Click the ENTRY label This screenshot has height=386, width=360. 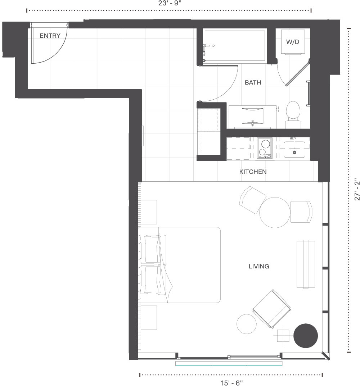point(50,36)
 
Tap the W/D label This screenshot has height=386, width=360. point(293,42)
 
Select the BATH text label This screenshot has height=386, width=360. point(253,83)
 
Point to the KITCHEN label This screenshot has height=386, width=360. point(253,172)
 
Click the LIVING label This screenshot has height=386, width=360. point(259,267)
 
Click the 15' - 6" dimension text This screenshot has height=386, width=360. point(231,383)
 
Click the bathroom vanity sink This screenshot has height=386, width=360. point(252,116)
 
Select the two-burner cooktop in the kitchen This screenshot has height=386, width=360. point(265,148)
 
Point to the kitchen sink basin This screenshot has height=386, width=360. point(294,149)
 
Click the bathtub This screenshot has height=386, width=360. point(235,46)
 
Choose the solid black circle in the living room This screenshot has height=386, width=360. point(306,336)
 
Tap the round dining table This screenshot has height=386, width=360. point(275,212)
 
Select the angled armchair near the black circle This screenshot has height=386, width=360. point(271,309)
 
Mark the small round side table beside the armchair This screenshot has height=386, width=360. point(247,324)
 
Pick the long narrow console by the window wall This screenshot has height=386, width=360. point(306,264)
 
